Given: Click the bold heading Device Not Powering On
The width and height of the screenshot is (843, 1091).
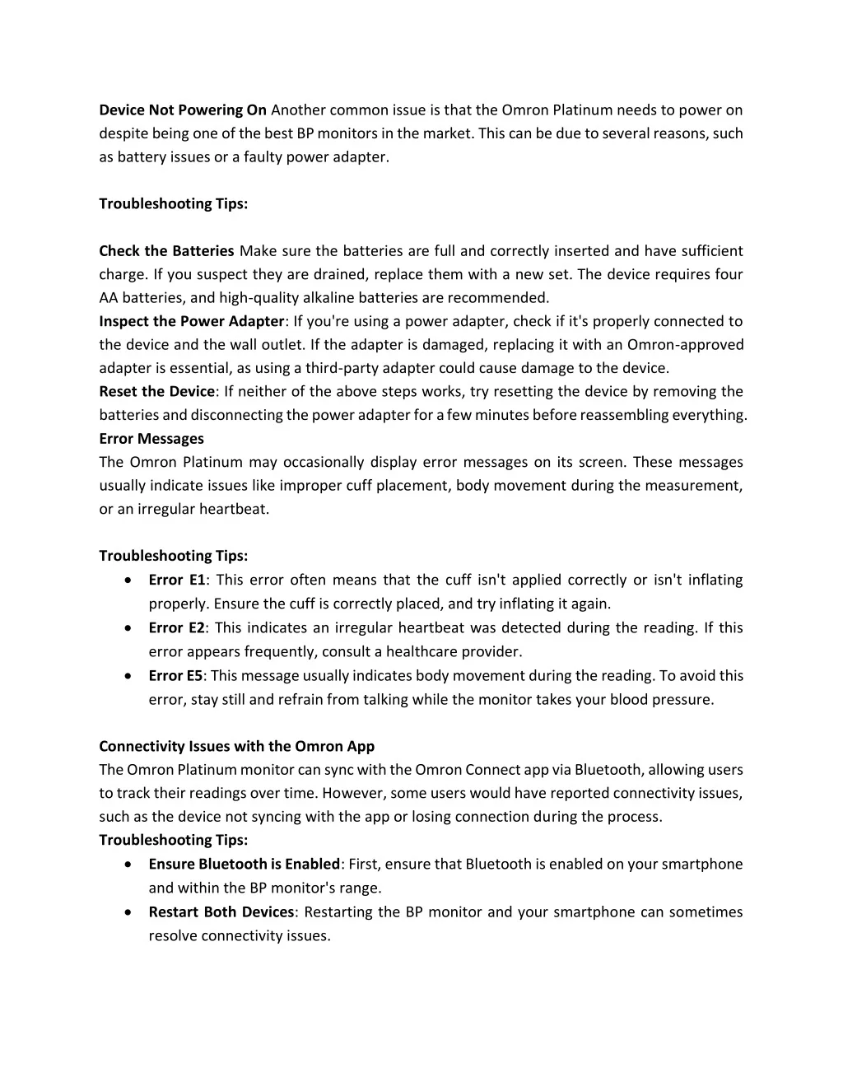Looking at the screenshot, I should coord(183,110).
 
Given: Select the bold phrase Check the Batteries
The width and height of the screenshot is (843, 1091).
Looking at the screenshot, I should coord(166,250).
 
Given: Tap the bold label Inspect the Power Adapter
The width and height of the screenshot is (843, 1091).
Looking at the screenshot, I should coord(192,321).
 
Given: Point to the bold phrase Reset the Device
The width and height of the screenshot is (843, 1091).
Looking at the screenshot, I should coord(156,391).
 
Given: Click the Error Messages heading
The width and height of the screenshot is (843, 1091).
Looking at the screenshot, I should coord(151,438).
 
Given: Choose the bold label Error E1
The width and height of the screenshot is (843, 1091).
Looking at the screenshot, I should coord(177,580).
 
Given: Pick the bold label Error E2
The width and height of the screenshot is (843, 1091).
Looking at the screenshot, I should coord(176,627).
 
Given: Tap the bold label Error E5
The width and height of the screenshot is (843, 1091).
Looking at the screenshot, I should coord(175,675).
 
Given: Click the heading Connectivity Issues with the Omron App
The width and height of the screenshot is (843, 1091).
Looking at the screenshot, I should coord(236,746).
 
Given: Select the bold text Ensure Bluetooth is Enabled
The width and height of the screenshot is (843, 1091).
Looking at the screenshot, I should coord(244,864).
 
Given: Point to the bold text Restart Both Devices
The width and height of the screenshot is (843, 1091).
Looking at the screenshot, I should coord(221,911).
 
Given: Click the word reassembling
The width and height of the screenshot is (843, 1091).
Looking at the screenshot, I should coord(624,414).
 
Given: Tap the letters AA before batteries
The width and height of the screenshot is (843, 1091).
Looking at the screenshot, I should coord(108,297).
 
